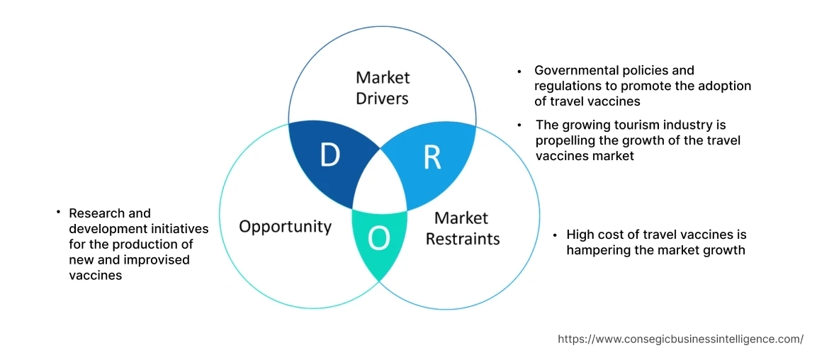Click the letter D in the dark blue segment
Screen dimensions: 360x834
pyautogui.click(x=329, y=155)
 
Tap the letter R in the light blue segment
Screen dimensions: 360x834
pyautogui.click(x=432, y=158)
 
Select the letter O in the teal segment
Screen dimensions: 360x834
pyautogui.click(x=379, y=240)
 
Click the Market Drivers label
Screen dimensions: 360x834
pyautogui.click(x=383, y=88)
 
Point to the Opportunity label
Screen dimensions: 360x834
pyautogui.click(x=285, y=227)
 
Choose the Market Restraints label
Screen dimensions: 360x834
pyautogui.click(x=462, y=228)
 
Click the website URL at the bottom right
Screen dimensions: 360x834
pyautogui.click(x=680, y=339)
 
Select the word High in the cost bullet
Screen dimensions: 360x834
pyautogui.click(x=580, y=235)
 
